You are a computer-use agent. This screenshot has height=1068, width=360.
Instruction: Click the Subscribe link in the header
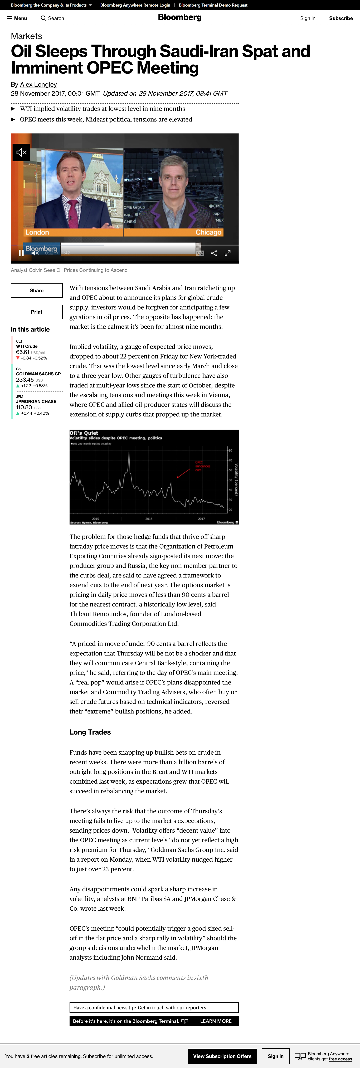(x=340, y=18)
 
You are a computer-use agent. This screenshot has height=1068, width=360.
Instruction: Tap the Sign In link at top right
(x=307, y=18)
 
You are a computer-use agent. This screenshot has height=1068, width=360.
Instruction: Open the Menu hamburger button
(x=17, y=18)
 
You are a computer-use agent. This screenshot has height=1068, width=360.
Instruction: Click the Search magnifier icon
(x=43, y=18)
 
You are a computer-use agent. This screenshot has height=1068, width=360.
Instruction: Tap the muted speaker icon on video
(x=21, y=153)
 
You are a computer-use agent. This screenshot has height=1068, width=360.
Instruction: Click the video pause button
(x=21, y=253)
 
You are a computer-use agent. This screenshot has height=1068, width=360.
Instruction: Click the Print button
(x=36, y=312)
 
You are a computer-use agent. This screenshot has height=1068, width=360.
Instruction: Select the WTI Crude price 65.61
(x=23, y=352)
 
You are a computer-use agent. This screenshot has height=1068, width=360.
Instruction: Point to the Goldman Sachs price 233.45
(x=25, y=380)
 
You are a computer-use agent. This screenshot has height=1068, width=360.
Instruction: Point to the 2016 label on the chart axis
(x=148, y=519)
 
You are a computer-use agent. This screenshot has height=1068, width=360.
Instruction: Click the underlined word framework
(x=198, y=575)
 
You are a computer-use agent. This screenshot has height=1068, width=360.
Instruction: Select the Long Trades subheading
(x=90, y=732)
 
